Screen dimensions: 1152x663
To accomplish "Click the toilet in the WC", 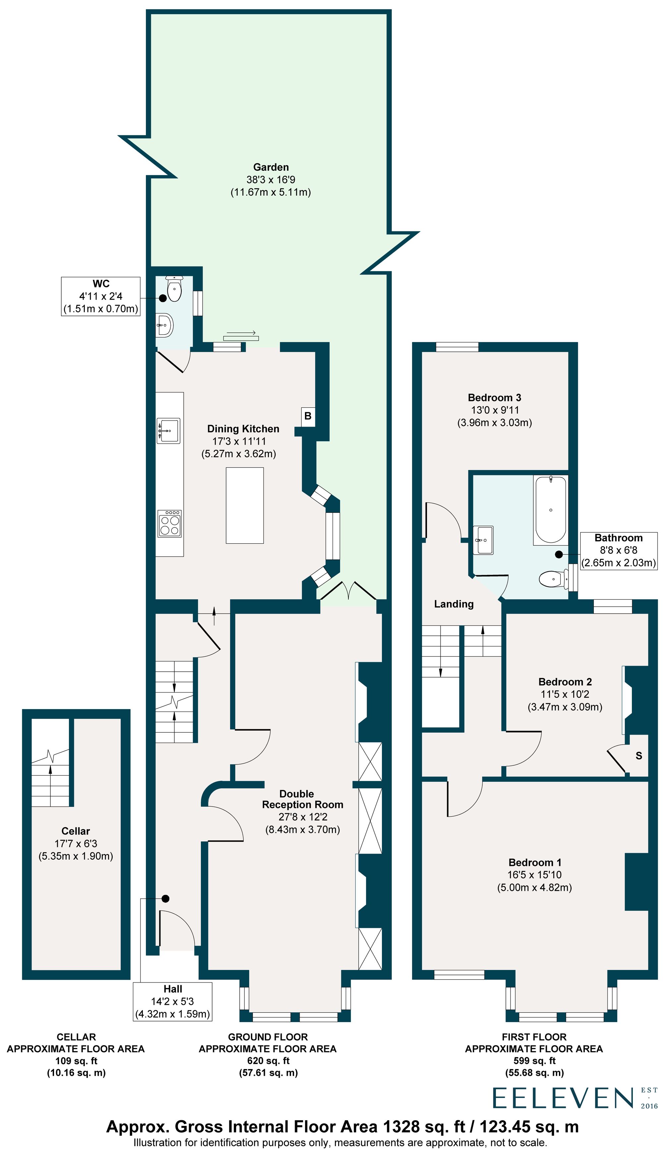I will pyautogui.click(x=174, y=289).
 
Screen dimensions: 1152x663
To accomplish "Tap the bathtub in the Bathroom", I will pyautogui.click(x=551, y=510).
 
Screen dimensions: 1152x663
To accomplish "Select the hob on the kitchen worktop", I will pyautogui.click(x=169, y=524).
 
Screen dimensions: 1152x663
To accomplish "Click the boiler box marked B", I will pyautogui.click(x=308, y=416).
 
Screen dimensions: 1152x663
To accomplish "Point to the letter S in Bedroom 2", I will pyautogui.click(x=638, y=756).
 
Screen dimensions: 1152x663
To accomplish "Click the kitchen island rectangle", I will pyautogui.click(x=245, y=506).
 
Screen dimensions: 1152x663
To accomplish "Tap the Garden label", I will pyautogui.click(x=271, y=167).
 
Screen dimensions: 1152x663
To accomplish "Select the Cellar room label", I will pyautogui.click(x=76, y=831).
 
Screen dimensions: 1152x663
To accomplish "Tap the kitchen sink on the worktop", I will pyautogui.click(x=168, y=430).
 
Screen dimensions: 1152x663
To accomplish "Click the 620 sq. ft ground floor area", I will pyautogui.click(x=268, y=1061).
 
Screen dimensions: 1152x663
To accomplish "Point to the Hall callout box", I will pyautogui.click(x=173, y=1001).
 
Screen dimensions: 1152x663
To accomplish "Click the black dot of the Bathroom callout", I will pyautogui.click(x=558, y=555).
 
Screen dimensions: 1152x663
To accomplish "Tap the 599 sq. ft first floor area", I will pyautogui.click(x=534, y=1061).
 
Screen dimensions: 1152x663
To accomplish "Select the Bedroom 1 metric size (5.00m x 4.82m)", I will pyautogui.click(x=535, y=887).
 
